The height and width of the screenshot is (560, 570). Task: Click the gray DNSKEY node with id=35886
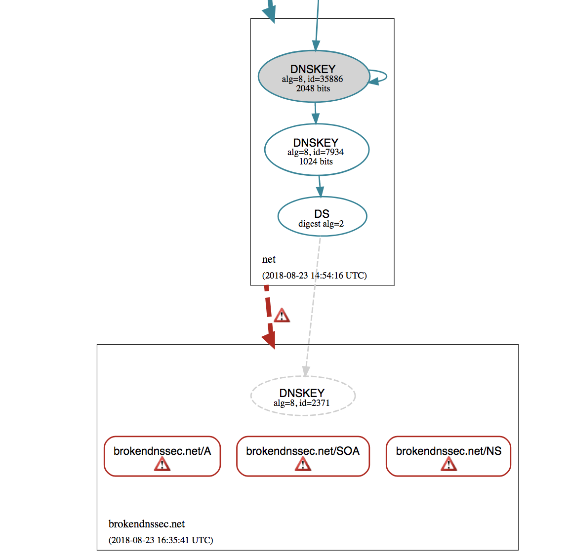click(313, 76)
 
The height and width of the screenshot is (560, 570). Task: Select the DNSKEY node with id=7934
click(316, 150)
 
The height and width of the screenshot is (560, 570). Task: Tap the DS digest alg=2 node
click(322, 217)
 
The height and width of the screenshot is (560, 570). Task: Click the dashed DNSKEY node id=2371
click(302, 396)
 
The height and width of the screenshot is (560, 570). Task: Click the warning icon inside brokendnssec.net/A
click(162, 464)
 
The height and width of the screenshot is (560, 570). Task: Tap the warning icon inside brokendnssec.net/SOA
click(303, 464)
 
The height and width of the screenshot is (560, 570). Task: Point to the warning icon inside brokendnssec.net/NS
click(448, 464)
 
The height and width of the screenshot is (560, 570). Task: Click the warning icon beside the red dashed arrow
click(282, 315)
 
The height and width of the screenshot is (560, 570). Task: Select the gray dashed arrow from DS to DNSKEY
click(313, 306)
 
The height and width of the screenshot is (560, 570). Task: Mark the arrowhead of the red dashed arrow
click(270, 340)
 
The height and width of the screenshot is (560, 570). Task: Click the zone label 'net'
click(269, 260)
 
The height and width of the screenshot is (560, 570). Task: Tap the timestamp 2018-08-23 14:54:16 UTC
click(314, 276)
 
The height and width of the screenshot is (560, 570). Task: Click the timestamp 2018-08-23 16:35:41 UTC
click(161, 540)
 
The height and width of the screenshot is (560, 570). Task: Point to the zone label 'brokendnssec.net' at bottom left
click(147, 524)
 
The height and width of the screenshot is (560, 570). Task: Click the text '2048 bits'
click(313, 88)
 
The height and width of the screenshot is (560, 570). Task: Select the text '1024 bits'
click(316, 161)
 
